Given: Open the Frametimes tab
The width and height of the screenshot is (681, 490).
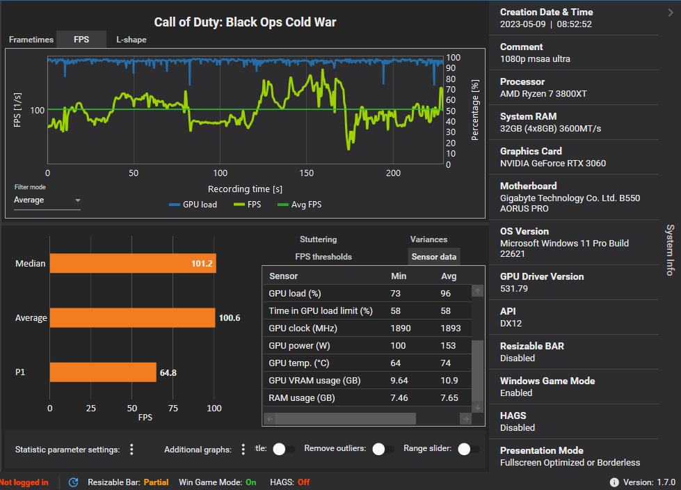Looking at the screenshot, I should tap(31, 40).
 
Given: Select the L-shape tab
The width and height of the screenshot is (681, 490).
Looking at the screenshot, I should tap(131, 40).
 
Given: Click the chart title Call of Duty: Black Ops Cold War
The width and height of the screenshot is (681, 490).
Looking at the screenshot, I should tap(244, 22).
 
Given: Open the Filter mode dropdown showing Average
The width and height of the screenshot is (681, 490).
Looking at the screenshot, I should tap(47, 200).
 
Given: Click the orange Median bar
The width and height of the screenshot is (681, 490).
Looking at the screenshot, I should tap(133, 264).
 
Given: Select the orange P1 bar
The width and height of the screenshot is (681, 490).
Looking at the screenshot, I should tap(103, 372).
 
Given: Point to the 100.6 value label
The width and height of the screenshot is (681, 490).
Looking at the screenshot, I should tap(230, 318).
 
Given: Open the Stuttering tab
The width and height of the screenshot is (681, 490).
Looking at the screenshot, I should tap(318, 239).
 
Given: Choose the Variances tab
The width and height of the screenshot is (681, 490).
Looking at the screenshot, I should tap(428, 239).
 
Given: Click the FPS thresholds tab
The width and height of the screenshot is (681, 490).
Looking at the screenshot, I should tap(323, 257).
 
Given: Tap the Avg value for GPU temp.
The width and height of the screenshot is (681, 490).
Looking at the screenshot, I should tap(446, 363).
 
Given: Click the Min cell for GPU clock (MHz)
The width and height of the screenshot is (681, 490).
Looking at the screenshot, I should tap(401, 328).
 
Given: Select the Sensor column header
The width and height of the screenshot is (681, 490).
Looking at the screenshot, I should tap(283, 276).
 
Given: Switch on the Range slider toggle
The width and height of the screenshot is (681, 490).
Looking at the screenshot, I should tap(467, 449).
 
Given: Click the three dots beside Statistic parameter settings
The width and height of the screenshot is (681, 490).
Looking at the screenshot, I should tap(131, 449).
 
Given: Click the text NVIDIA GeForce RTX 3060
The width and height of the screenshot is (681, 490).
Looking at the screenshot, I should tap(552, 164).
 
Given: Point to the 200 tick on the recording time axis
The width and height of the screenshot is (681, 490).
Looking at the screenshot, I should tap(393, 173).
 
